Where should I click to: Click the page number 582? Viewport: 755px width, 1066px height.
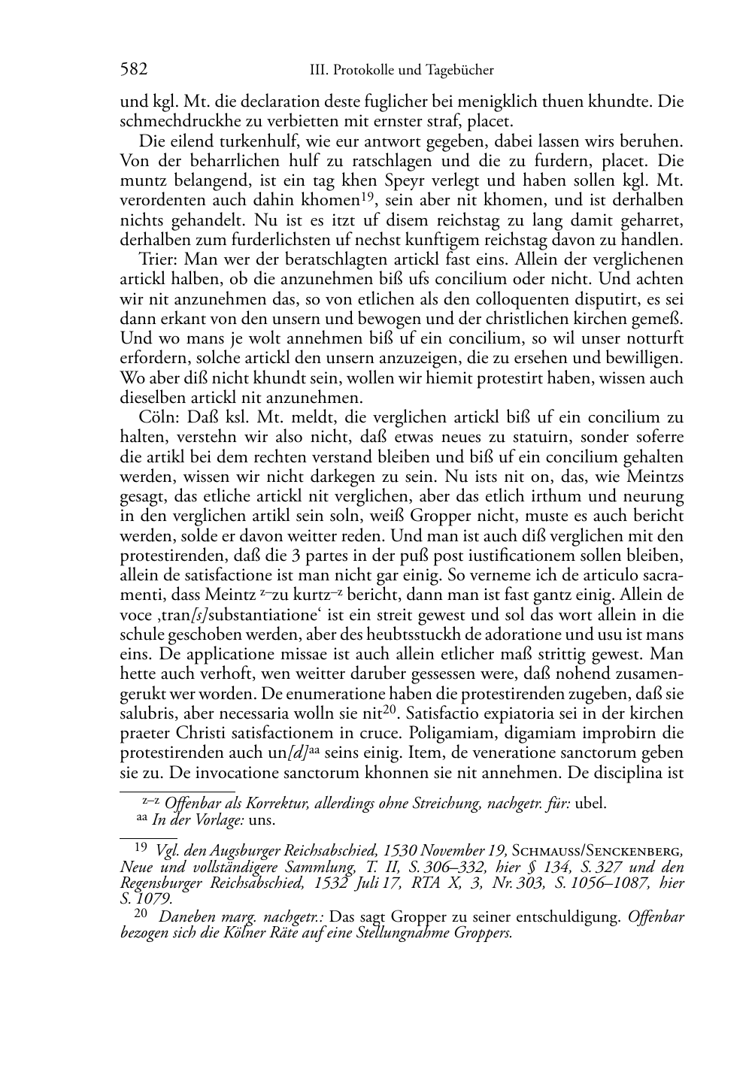133,70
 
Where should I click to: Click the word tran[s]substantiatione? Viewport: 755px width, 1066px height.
203,614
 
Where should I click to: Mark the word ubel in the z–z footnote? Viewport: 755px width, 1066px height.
590,803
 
